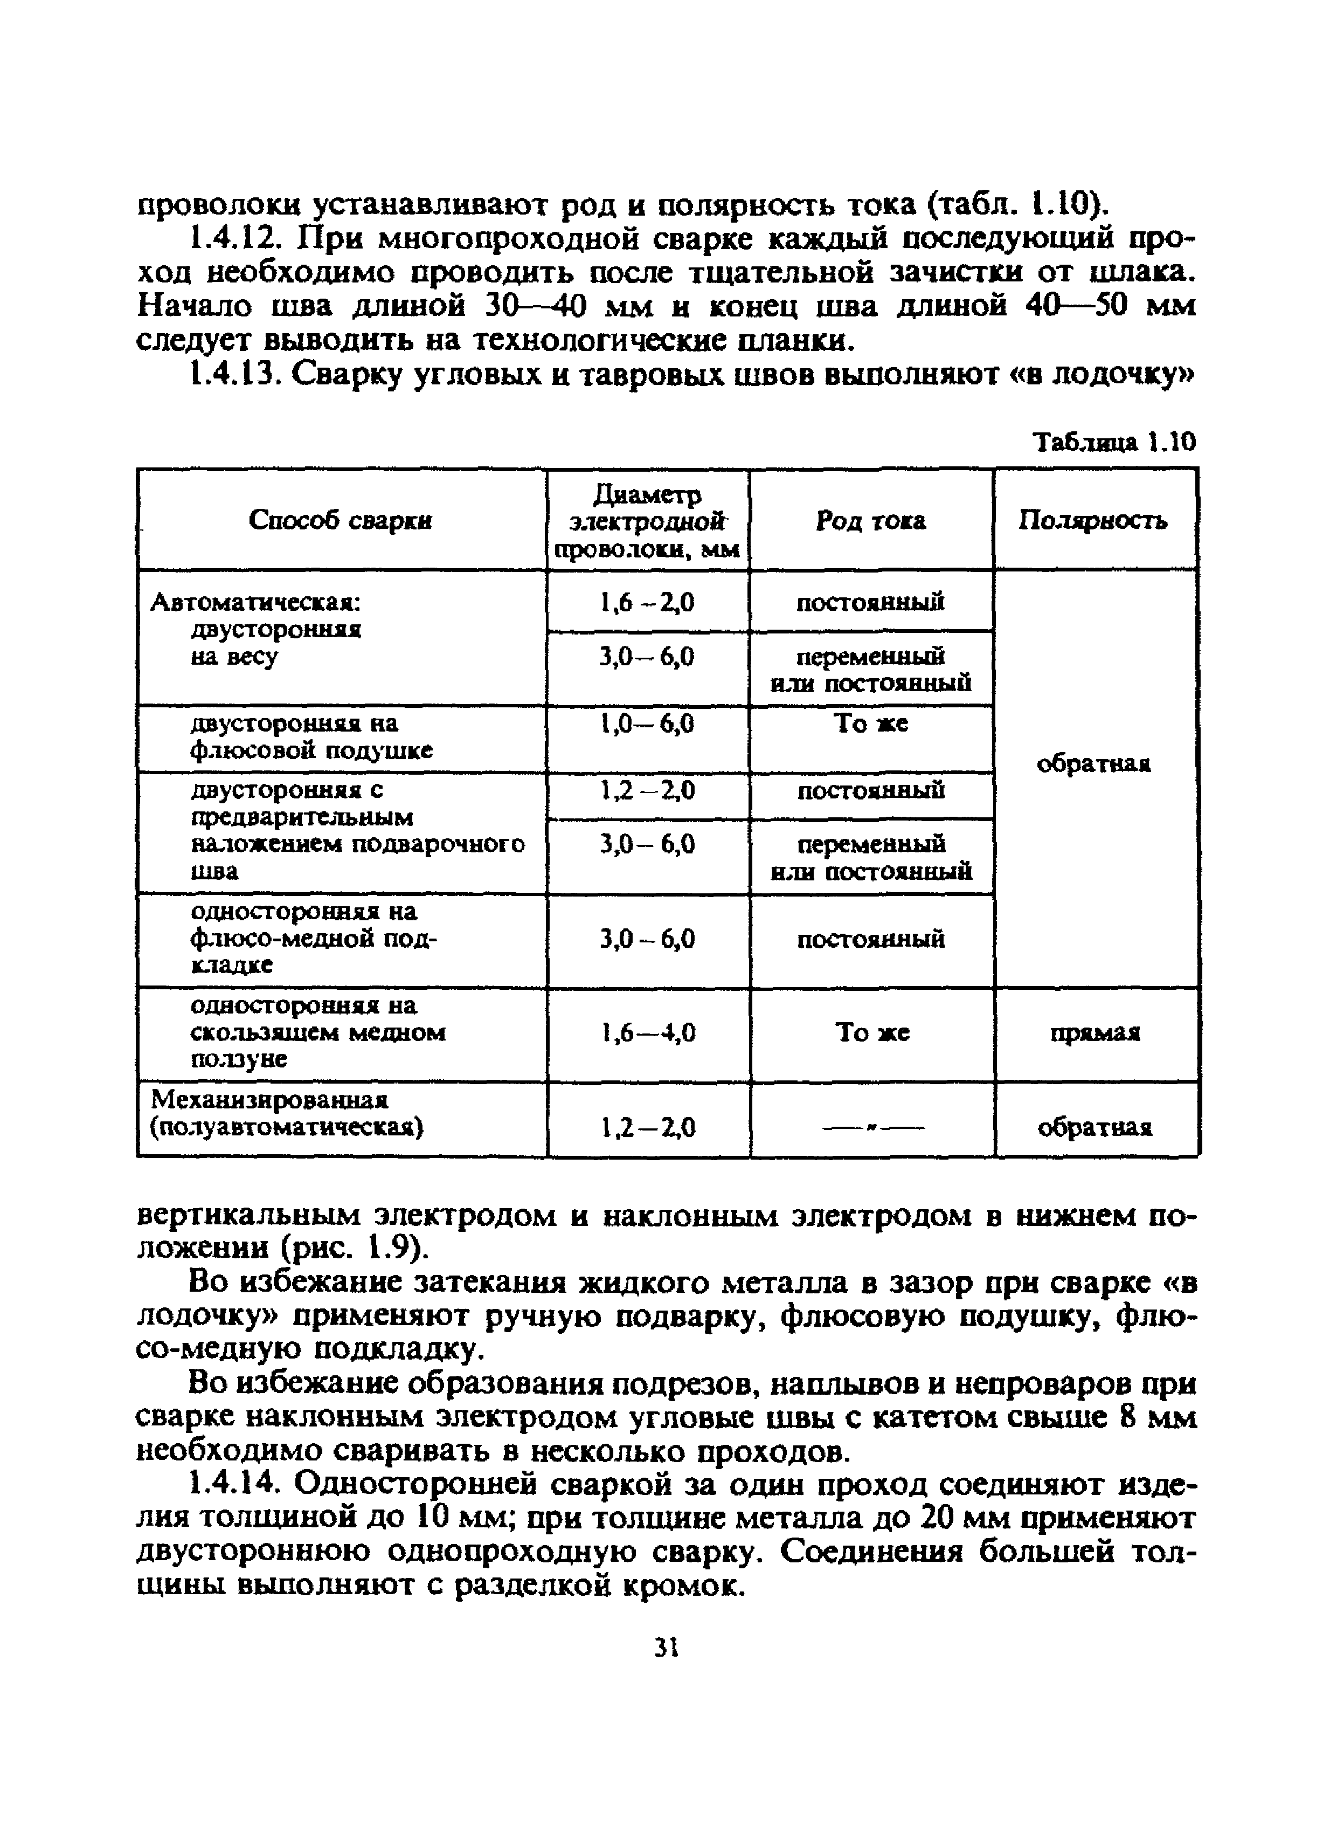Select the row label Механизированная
269,1100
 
